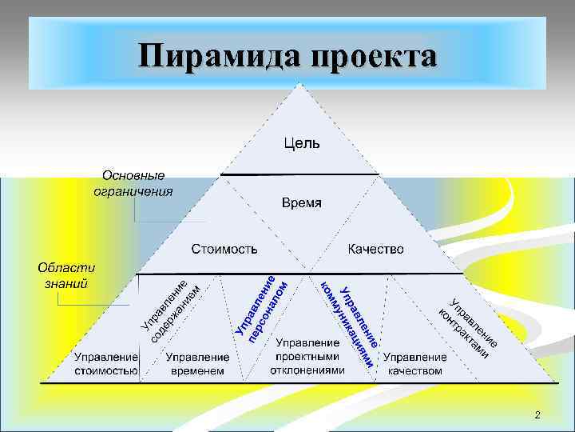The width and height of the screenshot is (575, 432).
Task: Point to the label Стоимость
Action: click(224, 250)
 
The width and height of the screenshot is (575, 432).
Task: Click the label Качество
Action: click(376, 250)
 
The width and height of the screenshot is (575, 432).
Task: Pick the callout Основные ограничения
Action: click(133, 183)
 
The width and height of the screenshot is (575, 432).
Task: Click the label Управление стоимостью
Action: click(106, 364)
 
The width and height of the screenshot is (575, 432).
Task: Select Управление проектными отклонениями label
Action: click(307, 356)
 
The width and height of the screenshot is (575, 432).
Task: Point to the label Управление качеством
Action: click(415, 364)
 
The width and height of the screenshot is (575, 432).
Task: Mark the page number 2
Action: click(537, 414)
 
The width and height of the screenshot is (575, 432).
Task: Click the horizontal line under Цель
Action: click(299, 174)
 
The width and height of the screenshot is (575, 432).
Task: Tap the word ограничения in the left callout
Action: click(133, 191)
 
